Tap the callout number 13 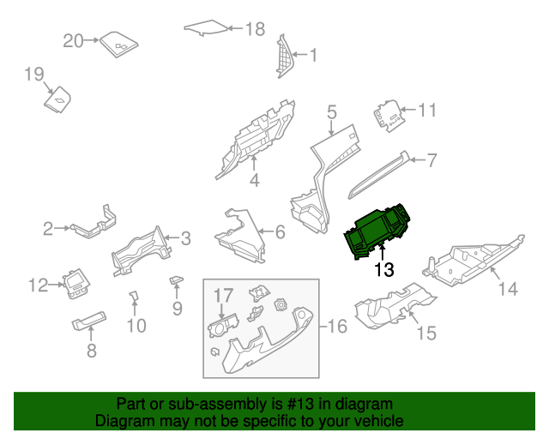coord(383,270)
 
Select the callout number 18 coord(255,29)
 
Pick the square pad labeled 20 coord(119,44)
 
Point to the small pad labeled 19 coord(59,100)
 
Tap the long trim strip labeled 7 coord(377,172)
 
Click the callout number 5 coord(332,111)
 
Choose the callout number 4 coord(254,180)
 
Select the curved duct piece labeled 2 coord(92,226)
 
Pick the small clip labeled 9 coord(176,280)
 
